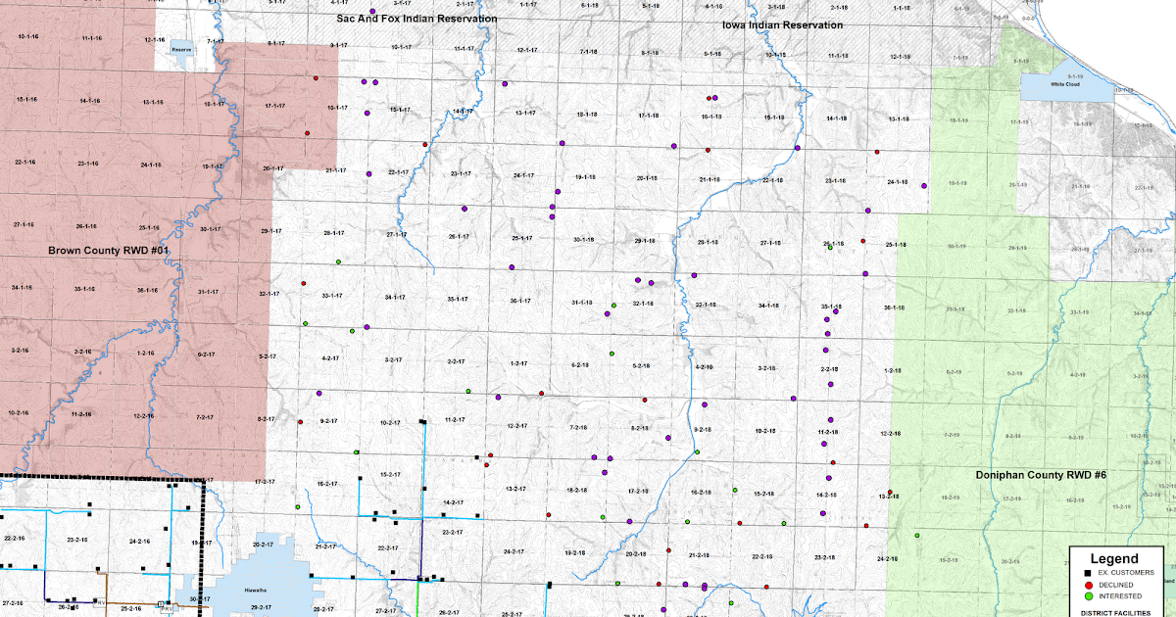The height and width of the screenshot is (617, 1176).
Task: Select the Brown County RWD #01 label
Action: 110,251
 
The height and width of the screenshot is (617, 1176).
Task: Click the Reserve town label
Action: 180,48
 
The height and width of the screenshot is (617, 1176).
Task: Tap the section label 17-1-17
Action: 274,106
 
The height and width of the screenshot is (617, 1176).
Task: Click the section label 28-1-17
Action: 332,233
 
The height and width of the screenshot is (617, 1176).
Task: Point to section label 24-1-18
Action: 897,182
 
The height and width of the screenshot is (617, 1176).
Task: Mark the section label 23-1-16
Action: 87,164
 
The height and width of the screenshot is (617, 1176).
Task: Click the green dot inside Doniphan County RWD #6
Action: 917,536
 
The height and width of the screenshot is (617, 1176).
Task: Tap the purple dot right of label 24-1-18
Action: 924,184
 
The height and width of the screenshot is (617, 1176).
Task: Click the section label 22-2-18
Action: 760,556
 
